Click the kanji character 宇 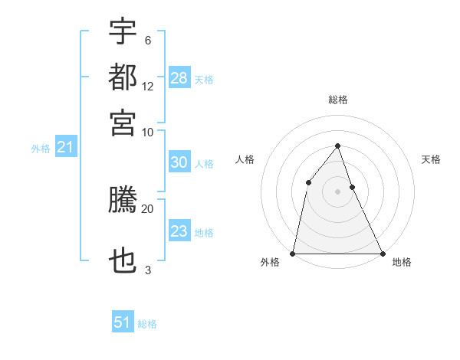click(x=123, y=31)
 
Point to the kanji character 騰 click(x=123, y=201)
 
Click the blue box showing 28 click(x=179, y=77)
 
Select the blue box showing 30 click(x=179, y=162)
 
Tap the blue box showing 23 click(x=179, y=231)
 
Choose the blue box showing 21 click(x=65, y=147)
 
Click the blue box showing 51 click(x=123, y=322)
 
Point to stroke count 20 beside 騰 click(x=147, y=208)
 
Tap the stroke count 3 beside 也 click(x=147, y=270)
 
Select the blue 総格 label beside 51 click(x=147, y=324)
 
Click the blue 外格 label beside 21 click(x=41, y=149)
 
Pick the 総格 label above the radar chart click(x=337, y=100)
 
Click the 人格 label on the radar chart click(x=245, y=159)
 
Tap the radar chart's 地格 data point click(x=382, y=254)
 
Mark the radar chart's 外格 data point click(x=293, y=254)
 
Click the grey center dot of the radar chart click(x=337, y=191)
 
